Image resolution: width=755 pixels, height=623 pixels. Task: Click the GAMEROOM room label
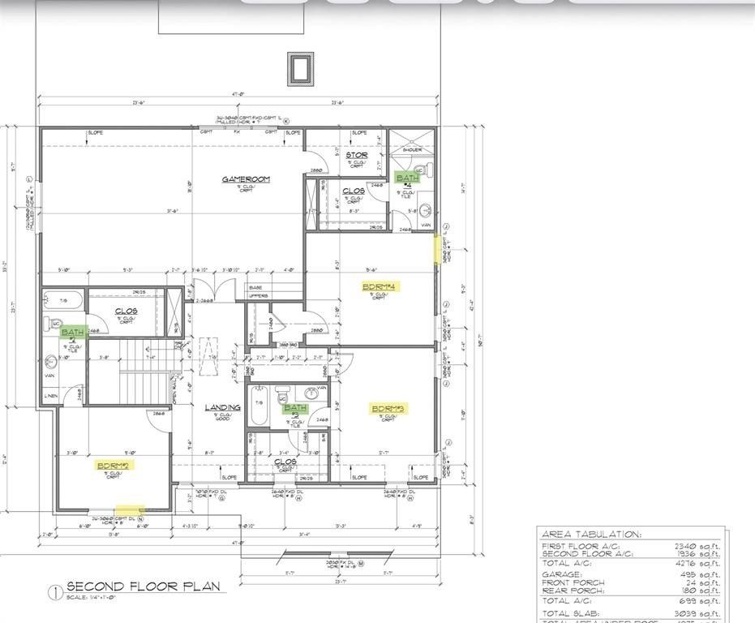pyautogui.click(x=246, y=179)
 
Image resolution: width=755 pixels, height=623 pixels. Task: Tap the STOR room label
pyautogui.click(x=356, y=155)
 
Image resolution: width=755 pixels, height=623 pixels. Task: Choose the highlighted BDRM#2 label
pyautogui.click(x=114, y=466)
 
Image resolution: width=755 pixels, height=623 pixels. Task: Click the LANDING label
pyautogui.click(x=222, y=407)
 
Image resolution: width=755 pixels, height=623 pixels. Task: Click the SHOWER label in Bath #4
pyautogui.click(x=412, y=150)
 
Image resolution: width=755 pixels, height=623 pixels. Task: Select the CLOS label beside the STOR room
pyautogui.click(x=353, y=191)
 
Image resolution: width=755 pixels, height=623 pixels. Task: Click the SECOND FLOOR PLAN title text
pyautogui.click(x=143, y=586)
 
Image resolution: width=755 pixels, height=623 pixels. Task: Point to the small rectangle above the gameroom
pyautogui.click(x=300, y=68)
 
